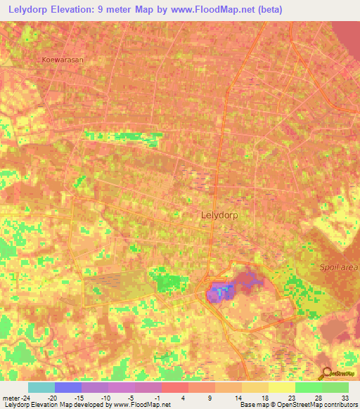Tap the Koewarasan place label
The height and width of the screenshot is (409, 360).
pos(62,60)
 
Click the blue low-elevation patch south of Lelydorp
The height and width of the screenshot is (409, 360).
pos(222,290)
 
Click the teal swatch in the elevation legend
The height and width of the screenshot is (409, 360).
pos(41,387)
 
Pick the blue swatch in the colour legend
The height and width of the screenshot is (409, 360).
pos(67,387)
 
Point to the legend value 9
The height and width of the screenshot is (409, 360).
pos(210,397)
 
